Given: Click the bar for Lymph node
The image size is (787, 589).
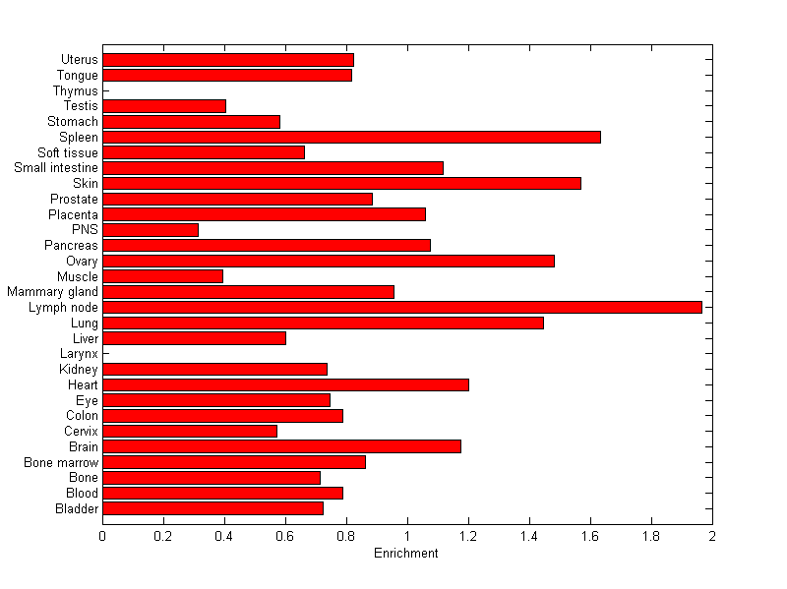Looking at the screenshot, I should [x=401, y=307].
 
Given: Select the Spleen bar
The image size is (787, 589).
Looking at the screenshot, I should [x=351, y=137].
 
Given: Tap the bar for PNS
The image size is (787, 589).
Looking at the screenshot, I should [x=151, y=230].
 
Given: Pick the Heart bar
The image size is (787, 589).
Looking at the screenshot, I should [x=285, y=384].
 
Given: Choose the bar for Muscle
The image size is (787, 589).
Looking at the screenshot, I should [x=162, y=276].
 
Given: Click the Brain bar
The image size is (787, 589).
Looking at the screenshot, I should [x=281, y=446].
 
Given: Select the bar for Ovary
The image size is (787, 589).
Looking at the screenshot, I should [x=329, y=261].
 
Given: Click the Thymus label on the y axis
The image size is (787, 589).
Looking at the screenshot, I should [x=76, y=90].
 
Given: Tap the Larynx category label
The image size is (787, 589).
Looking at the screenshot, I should [x=78, y=353].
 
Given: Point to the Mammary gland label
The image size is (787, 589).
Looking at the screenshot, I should [x=52, y=292].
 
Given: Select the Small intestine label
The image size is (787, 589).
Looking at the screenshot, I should [x=56, y=168].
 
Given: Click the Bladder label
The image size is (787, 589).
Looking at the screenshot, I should [x=78, y=508].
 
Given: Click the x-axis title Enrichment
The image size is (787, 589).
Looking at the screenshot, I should [x=406, y=554].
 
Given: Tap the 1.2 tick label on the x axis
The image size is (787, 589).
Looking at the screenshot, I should [x=468, y=536].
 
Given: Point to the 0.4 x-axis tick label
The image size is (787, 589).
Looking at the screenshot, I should [x=224, y=536].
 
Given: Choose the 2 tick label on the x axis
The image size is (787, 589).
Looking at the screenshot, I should [x=712, y=536].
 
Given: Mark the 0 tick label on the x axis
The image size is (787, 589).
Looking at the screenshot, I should [x=102, y=536].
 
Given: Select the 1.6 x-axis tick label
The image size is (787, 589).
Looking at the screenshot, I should [x=590, y=536].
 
